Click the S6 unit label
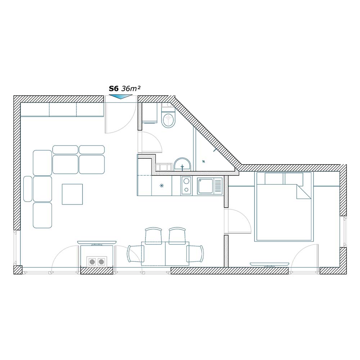[x=114, y=89]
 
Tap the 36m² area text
[x=131, y=89]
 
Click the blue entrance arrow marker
[x=121, y=97]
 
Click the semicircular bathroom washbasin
[x=182, y=165]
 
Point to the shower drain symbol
[x=204, y=161]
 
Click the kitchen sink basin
[x=206, y=186]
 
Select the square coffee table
[x=72, y=194]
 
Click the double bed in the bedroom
[x=284, y=207]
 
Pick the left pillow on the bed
[x=274, y=179]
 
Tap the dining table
[x=165, y=253]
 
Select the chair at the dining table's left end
[x=135, y=254]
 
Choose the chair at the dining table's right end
[x=195, y=254]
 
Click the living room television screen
[x=96, y=242]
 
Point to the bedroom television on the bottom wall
[x=269, y=264]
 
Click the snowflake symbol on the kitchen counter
[x=162, y=185]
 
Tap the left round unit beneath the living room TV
[x=92, y=261]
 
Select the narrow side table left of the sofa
[x=28, y=189]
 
